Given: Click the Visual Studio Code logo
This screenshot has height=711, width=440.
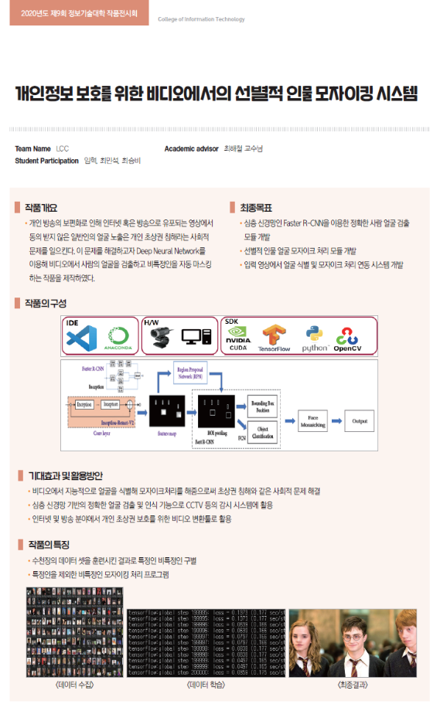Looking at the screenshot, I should (80, 338).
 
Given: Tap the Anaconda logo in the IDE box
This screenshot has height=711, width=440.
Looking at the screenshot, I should (119, 338).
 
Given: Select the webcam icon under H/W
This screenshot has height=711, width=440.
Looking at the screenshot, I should (160, 336).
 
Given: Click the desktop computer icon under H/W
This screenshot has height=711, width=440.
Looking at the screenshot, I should (196, 337).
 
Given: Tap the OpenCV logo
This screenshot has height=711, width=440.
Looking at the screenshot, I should (353, 338).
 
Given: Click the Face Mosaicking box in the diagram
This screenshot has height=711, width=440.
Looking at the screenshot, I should (312, 420).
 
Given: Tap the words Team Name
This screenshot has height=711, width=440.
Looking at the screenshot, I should (32, 148).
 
